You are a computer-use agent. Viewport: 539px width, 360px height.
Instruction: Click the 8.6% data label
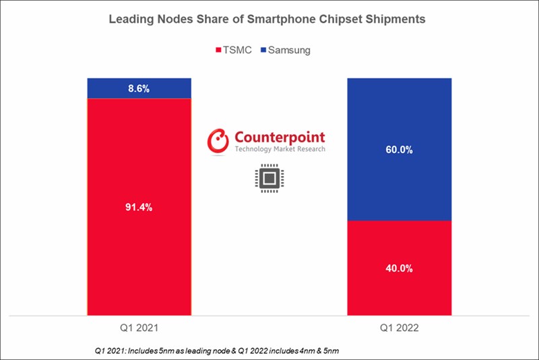[x=139, y=88]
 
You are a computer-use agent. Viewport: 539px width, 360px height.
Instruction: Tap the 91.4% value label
[x=139, y=207]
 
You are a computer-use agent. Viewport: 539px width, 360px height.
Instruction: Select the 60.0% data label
[x=399, y=149]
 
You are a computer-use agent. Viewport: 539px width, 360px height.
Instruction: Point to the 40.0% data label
[x=399, y=268]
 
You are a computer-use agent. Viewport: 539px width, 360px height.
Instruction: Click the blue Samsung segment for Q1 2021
[x=108, y=88]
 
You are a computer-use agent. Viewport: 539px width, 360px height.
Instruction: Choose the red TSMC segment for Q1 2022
[x=399, y=297]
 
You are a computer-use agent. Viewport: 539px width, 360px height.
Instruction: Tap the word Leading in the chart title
[x=130, y=20]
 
